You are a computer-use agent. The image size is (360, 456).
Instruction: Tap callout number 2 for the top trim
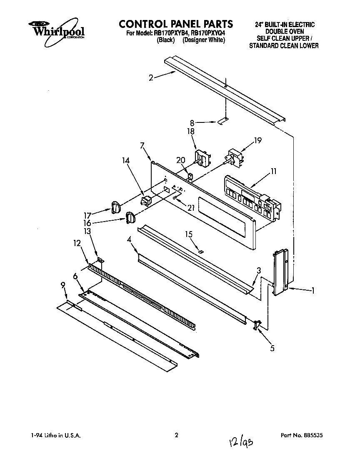point(151,77)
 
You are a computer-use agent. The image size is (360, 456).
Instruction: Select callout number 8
point(192,123)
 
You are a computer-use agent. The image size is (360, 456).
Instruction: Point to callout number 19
point(258,141)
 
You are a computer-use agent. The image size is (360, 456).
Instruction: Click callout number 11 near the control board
point(273,171)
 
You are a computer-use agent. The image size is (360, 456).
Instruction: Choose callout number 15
point(190,234)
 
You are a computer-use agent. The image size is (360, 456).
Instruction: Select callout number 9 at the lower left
point(63,285)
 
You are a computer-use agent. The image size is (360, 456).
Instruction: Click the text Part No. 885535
point(302,435)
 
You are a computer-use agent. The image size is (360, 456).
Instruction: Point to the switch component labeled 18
point(202,159)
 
